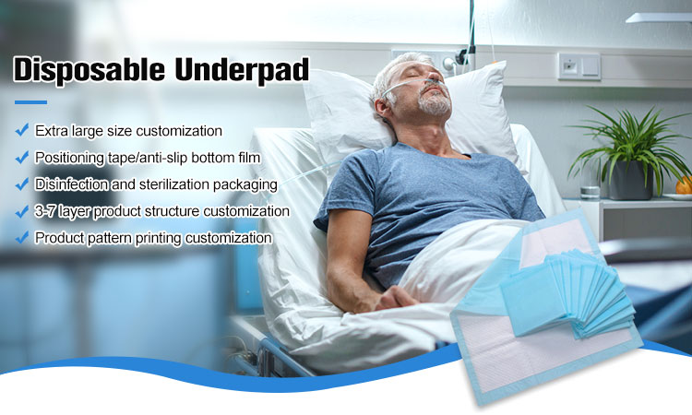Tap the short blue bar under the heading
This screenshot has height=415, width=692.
pos(30,102)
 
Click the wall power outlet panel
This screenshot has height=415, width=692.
pos(579,65)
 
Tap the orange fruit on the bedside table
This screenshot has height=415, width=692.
pos(684,185)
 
